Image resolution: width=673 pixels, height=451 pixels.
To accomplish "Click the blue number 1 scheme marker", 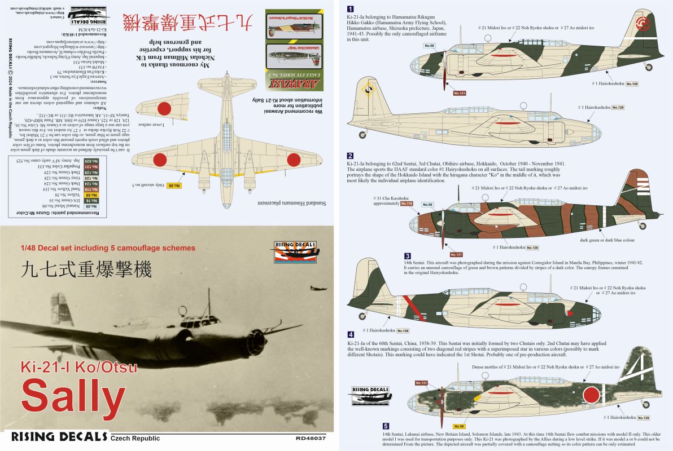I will [351, 8].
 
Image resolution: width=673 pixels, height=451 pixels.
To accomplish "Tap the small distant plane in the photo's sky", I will [318, 288].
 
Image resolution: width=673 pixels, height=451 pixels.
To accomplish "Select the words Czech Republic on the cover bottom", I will [136, 439].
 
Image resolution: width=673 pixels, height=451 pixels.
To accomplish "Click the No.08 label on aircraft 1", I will [429, 45].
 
